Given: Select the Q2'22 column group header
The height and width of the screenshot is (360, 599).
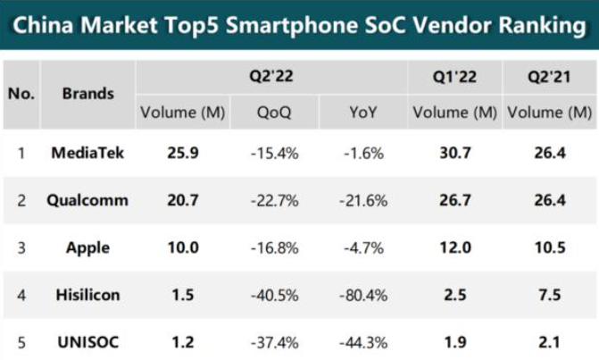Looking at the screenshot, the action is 271,76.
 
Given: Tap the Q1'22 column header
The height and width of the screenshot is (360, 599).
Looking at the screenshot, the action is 454,77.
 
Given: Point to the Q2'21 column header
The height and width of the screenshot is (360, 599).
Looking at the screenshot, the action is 549,77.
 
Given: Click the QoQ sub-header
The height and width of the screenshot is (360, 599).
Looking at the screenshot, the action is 274,113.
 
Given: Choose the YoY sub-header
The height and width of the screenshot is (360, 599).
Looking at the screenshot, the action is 363,113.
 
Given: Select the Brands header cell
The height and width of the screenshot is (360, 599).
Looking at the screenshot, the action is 87,94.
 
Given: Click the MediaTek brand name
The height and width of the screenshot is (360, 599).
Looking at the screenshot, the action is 87,153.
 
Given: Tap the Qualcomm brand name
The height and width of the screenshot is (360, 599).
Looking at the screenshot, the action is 87,200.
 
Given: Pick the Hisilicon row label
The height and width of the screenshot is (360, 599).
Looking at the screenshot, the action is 87,295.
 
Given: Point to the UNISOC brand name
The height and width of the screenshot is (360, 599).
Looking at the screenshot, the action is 87,342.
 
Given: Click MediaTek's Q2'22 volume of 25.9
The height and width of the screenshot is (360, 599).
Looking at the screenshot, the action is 183,153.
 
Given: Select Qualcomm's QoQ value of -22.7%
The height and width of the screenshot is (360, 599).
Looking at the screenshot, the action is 274,201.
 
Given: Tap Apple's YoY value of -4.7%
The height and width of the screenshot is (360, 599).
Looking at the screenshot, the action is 363,248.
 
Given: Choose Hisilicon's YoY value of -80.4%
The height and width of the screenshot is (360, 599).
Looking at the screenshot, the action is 363,296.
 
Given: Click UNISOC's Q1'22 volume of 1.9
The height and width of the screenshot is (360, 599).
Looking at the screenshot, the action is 455,342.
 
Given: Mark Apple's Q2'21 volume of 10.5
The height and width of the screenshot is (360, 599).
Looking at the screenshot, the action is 550,247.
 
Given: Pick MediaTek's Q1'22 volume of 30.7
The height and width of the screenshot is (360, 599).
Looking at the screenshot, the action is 455,153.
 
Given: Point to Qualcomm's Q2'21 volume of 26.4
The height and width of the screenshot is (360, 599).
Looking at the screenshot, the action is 550,200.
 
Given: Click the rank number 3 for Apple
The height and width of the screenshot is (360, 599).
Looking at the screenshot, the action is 21,248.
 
